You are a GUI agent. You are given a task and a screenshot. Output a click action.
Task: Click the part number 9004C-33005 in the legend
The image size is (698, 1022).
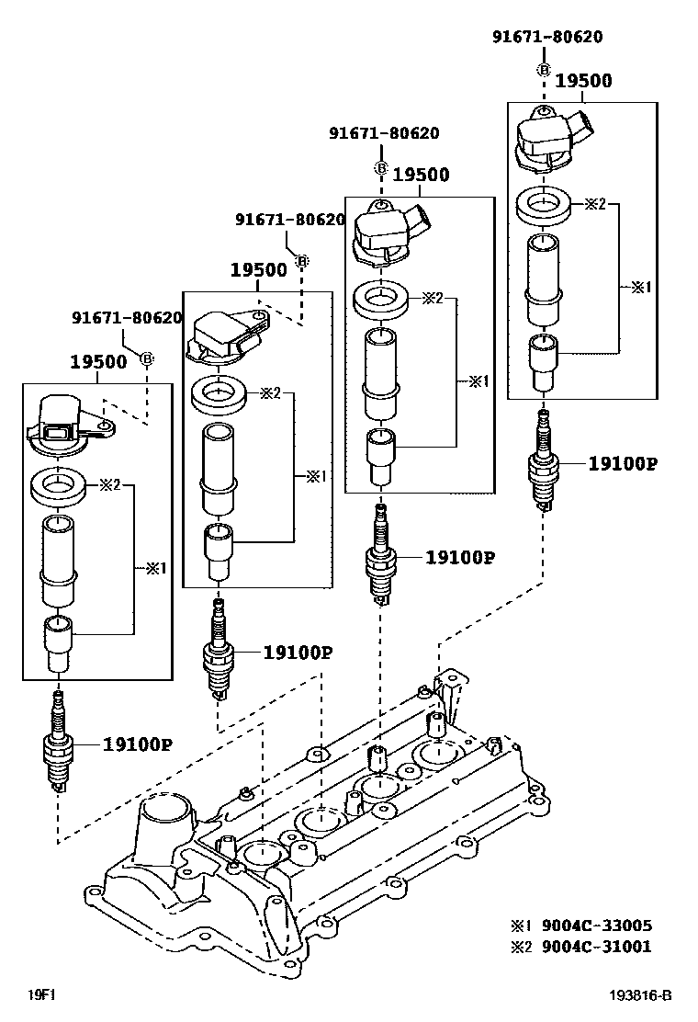(x=597, y=925)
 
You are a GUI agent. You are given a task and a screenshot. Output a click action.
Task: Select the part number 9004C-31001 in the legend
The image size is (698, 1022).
(x=597, y=946)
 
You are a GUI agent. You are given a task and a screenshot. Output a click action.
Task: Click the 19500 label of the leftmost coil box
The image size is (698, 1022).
(x=98, y=362)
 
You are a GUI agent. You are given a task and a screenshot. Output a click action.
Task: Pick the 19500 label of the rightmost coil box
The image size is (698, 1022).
(x=583, y=81)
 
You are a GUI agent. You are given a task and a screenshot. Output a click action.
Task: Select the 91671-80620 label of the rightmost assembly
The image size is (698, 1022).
(x=547, y=37)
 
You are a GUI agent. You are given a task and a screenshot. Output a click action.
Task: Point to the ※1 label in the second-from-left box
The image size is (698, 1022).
(x=316, y=476)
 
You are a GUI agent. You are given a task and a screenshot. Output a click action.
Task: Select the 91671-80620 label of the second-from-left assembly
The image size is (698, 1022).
(x=289, y=220)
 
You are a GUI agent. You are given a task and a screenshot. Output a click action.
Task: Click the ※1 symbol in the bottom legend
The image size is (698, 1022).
(x=522, y=925)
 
